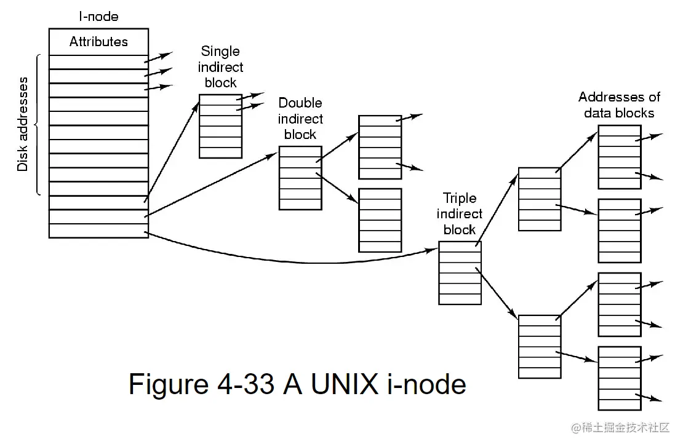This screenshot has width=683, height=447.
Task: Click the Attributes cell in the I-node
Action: [98, 42]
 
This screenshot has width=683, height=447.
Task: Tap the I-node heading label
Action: [98, 17]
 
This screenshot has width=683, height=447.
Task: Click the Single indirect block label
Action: [220, 67]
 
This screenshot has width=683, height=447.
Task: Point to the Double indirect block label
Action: [300, 119]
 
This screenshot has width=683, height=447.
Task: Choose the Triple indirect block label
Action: [460, 214]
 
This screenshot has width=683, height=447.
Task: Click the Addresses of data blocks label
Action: [619, 105]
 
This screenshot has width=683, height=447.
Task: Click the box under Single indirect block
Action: [220, 126]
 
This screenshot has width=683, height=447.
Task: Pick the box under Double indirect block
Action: [300, 178]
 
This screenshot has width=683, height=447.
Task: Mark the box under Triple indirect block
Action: [460, 273]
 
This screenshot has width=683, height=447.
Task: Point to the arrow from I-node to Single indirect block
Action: [172, 151]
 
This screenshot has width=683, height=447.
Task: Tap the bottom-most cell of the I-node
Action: [98, 231]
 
